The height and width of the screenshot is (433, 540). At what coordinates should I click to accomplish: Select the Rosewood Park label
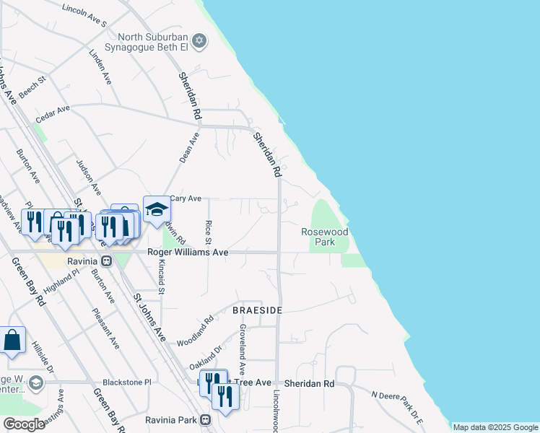(x=325, y=237)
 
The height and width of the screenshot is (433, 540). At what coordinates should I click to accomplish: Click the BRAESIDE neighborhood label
(x=257, y=310)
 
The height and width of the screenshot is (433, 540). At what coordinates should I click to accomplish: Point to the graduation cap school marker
(x=156, y=210)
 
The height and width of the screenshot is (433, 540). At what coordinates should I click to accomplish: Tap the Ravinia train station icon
(x=107, y=261)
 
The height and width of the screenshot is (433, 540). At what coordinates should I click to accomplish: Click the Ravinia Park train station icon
(x=206, y=419)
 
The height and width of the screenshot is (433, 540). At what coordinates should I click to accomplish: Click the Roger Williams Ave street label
(x=188, y=252)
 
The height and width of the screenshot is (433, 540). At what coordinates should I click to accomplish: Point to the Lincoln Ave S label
(x=84, y=9)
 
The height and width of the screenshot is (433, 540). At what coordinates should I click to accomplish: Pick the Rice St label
(x=208, y=232)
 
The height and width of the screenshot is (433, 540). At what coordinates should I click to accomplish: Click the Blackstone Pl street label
(x=126, y=382)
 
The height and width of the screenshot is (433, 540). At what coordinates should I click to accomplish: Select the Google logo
(x=24, y=424)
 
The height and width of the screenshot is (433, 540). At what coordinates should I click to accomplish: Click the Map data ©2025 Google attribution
(x=495, y=427)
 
